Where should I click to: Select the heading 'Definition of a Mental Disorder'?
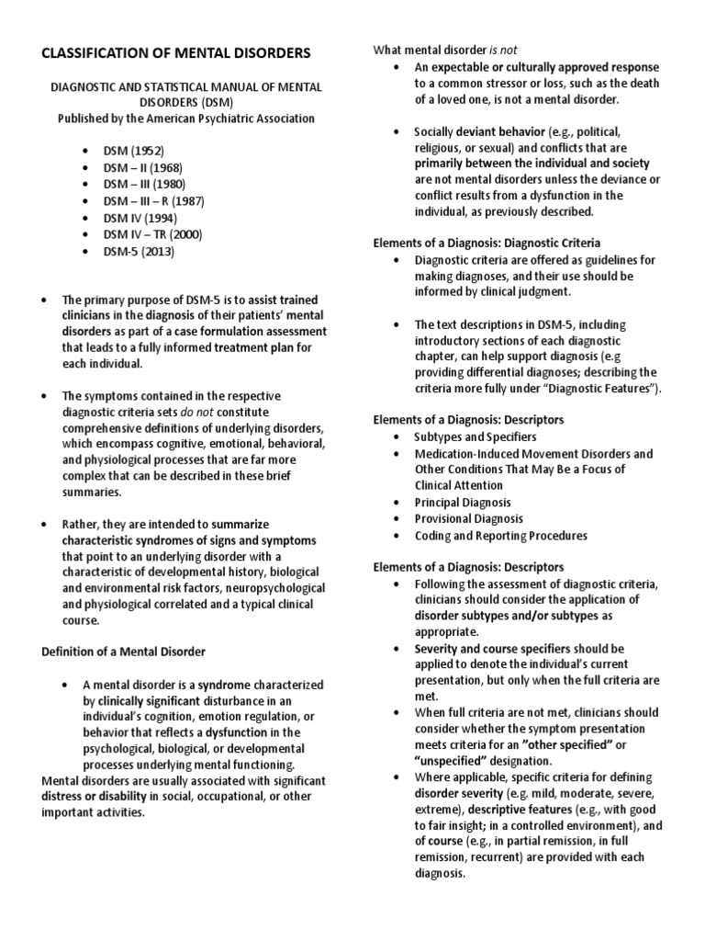tap(125, 652)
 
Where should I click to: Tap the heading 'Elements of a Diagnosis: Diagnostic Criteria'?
tap(486, 243)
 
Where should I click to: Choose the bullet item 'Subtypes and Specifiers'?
tap(475, 436)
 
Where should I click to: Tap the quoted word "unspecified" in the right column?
tap(455, 761)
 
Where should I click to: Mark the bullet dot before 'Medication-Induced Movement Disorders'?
tap(395, 454)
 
